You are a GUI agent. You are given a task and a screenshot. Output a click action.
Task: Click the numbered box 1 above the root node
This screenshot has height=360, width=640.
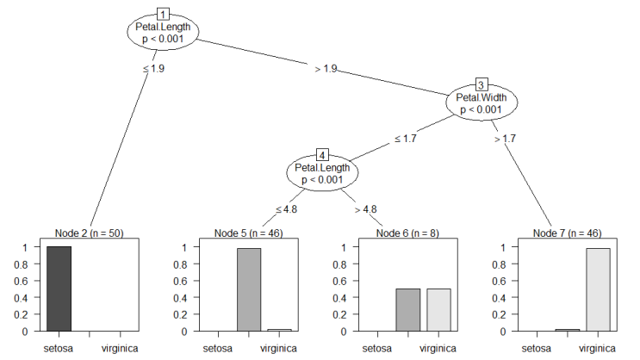point(163,15)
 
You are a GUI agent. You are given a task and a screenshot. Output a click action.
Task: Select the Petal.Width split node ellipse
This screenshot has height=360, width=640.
point(482,102)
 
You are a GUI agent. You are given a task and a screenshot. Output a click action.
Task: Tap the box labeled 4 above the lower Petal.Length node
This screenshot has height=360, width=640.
point(322,155)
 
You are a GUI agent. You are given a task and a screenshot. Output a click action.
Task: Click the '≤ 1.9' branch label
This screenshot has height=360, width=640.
point(154,69)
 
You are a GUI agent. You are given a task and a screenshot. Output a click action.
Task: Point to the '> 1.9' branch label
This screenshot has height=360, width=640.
point(326,69)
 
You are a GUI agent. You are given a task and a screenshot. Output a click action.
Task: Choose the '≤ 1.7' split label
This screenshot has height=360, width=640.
point(406,139)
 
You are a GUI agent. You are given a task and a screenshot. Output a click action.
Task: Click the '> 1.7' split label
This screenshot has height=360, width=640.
point(505,139)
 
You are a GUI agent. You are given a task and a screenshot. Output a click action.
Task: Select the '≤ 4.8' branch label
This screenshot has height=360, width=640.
point(286,209)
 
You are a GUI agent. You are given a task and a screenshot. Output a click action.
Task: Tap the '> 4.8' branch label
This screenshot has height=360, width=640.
point(366,209)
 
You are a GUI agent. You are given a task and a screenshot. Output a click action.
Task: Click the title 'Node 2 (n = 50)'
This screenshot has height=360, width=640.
point(90,233)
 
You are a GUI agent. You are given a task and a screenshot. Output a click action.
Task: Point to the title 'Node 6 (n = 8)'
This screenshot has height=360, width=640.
point(407,233)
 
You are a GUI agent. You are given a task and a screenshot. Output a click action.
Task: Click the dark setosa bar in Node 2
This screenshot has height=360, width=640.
point(59,289)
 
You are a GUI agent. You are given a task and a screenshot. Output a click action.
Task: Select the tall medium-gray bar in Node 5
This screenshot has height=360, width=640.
point(249,289)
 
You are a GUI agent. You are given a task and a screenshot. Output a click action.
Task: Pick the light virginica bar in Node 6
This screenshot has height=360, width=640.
point(438,310)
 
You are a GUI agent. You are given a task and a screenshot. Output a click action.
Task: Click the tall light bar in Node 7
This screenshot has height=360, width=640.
point(599,289)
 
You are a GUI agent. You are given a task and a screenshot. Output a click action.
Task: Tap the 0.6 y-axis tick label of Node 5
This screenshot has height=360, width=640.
point(180,282)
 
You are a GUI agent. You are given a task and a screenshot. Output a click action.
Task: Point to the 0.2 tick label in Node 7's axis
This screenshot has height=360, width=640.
point(499,314)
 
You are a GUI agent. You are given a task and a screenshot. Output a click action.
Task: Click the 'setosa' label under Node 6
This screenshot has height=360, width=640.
point(377,349)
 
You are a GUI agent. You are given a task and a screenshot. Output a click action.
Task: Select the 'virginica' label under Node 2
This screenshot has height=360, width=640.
point(120,349)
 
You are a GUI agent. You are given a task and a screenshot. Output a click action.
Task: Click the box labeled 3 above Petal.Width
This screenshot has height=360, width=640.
point(482,85)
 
